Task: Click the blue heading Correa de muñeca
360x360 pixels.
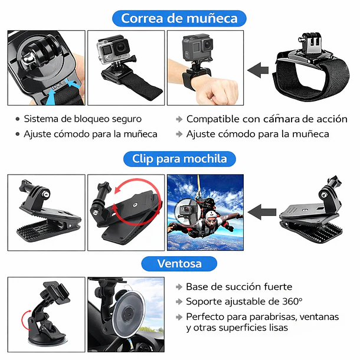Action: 179,18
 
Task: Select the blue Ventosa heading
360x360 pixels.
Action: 179,263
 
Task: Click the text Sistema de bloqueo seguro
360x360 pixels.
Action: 83,119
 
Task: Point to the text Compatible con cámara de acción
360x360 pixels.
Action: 267,119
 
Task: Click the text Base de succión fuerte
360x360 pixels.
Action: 238,287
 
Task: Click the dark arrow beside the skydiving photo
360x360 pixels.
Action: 262,211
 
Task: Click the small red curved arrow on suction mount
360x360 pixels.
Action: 25,322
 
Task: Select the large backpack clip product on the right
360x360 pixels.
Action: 313,212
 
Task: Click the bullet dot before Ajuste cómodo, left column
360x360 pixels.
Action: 17,134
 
